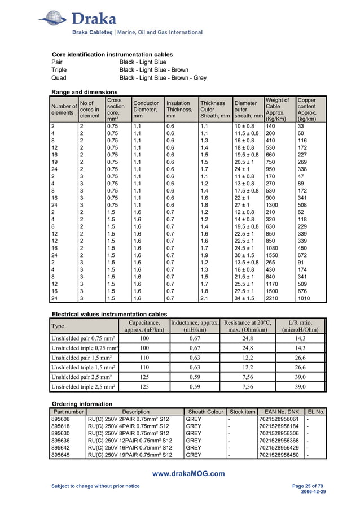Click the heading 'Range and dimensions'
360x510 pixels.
pyautogui.click(x=84, y=91)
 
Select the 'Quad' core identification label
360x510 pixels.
pyautogui.click(x=59, y=78)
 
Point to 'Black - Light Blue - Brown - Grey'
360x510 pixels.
pyautogui.click(x=163, y=78)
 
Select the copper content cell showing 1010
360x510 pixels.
pyautogui.click(x=305, y=299)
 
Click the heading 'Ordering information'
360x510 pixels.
pyautogui.click(x=82, y=404)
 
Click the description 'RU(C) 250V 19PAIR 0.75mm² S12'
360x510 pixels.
pyautogui.click(x=129, y=454)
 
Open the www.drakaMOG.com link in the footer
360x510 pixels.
pyautogui.click(x=189, y=474)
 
